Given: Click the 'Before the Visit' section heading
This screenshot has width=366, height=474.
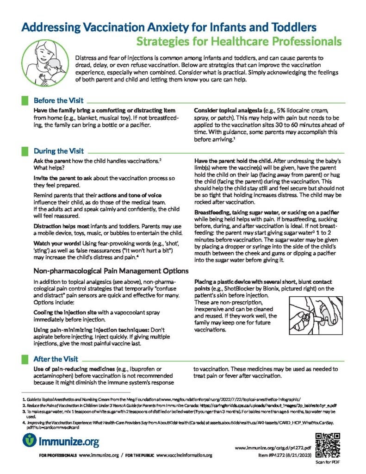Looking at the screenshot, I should point(58,100).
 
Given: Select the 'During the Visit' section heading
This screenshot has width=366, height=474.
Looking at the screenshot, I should point(58,150).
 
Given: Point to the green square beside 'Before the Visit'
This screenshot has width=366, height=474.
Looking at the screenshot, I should point(25,100).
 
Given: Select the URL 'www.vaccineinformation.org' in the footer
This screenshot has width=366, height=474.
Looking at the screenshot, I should point(187,455).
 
